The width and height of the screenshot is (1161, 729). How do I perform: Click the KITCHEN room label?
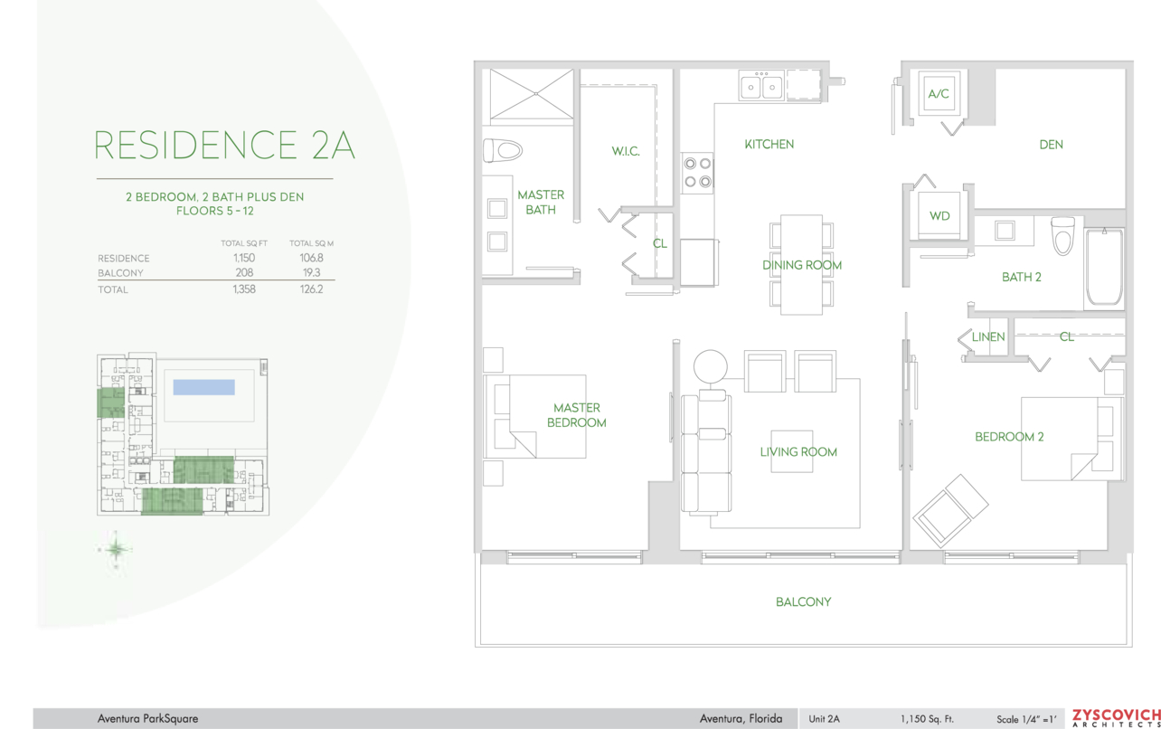click(x=769, y=144)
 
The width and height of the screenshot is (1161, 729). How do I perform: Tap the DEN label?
click(x=1051, y=145)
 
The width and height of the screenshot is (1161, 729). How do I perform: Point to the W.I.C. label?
click(x=626, y=151)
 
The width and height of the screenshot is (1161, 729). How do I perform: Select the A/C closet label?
click(x=939, y=94)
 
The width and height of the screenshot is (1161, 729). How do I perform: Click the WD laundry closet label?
click(x=939, y=215)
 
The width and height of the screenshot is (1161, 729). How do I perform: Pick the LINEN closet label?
click(x=988, y=337)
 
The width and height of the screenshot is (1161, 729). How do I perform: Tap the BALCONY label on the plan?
click(x=803, y=602)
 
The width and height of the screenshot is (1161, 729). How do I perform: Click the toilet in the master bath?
click(x=502, y=151)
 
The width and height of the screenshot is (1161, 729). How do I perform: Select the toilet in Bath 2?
click(x=1063, y=236)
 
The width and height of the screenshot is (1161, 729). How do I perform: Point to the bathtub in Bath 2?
click(x=1105, y=267)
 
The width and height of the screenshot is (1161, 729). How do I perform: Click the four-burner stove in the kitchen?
click(x=697, y=173)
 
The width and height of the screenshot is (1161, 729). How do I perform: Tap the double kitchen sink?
click(x=760, y=86)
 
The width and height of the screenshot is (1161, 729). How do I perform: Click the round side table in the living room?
click(x=711, y=366)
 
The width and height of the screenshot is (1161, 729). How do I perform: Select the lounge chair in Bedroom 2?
click(x=950, y=511)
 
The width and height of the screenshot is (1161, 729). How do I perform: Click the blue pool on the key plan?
click(x=203, y=387)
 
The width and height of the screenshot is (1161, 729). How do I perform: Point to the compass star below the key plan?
click(x=116, y=549)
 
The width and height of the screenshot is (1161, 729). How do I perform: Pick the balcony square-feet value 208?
click(x=244, y=273)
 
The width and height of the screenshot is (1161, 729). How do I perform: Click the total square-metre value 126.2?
click(x=311, y=289)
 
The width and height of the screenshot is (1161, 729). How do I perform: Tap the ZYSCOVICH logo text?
click(x=1117, y=715)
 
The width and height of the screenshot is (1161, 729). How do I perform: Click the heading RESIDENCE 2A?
click(x=224, y=145)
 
